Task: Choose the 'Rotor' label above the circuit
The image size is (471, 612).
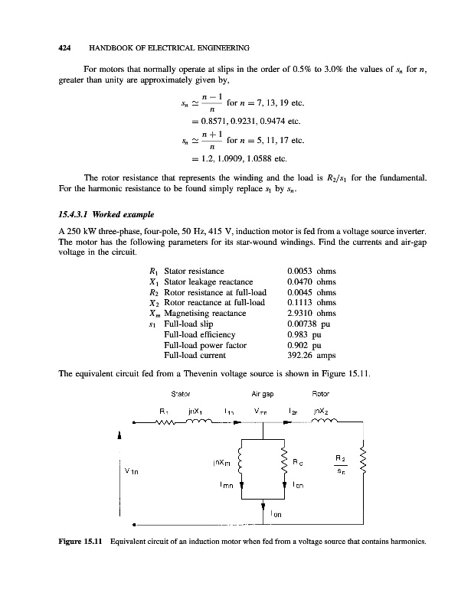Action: pyautogui.click(x=321, y=396)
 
